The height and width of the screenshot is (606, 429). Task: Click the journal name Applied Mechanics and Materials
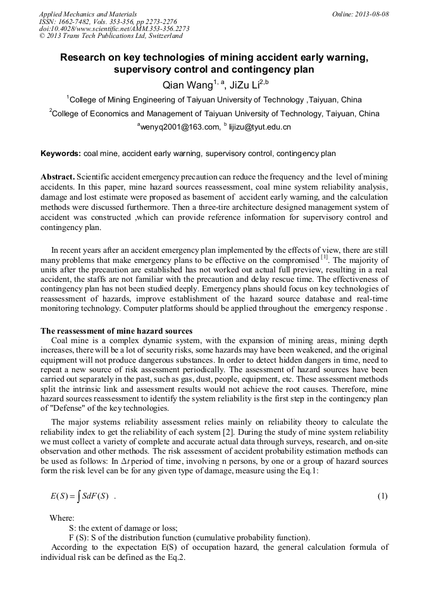88,13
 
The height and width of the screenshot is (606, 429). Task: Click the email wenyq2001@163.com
178,127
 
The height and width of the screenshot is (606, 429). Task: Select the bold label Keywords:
60,154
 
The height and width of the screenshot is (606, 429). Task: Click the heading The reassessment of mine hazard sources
116,331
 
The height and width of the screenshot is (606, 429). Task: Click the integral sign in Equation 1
87,496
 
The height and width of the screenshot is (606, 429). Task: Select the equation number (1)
382,496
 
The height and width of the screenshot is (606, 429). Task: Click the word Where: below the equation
62,518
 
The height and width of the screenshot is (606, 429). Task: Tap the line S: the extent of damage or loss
123,528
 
